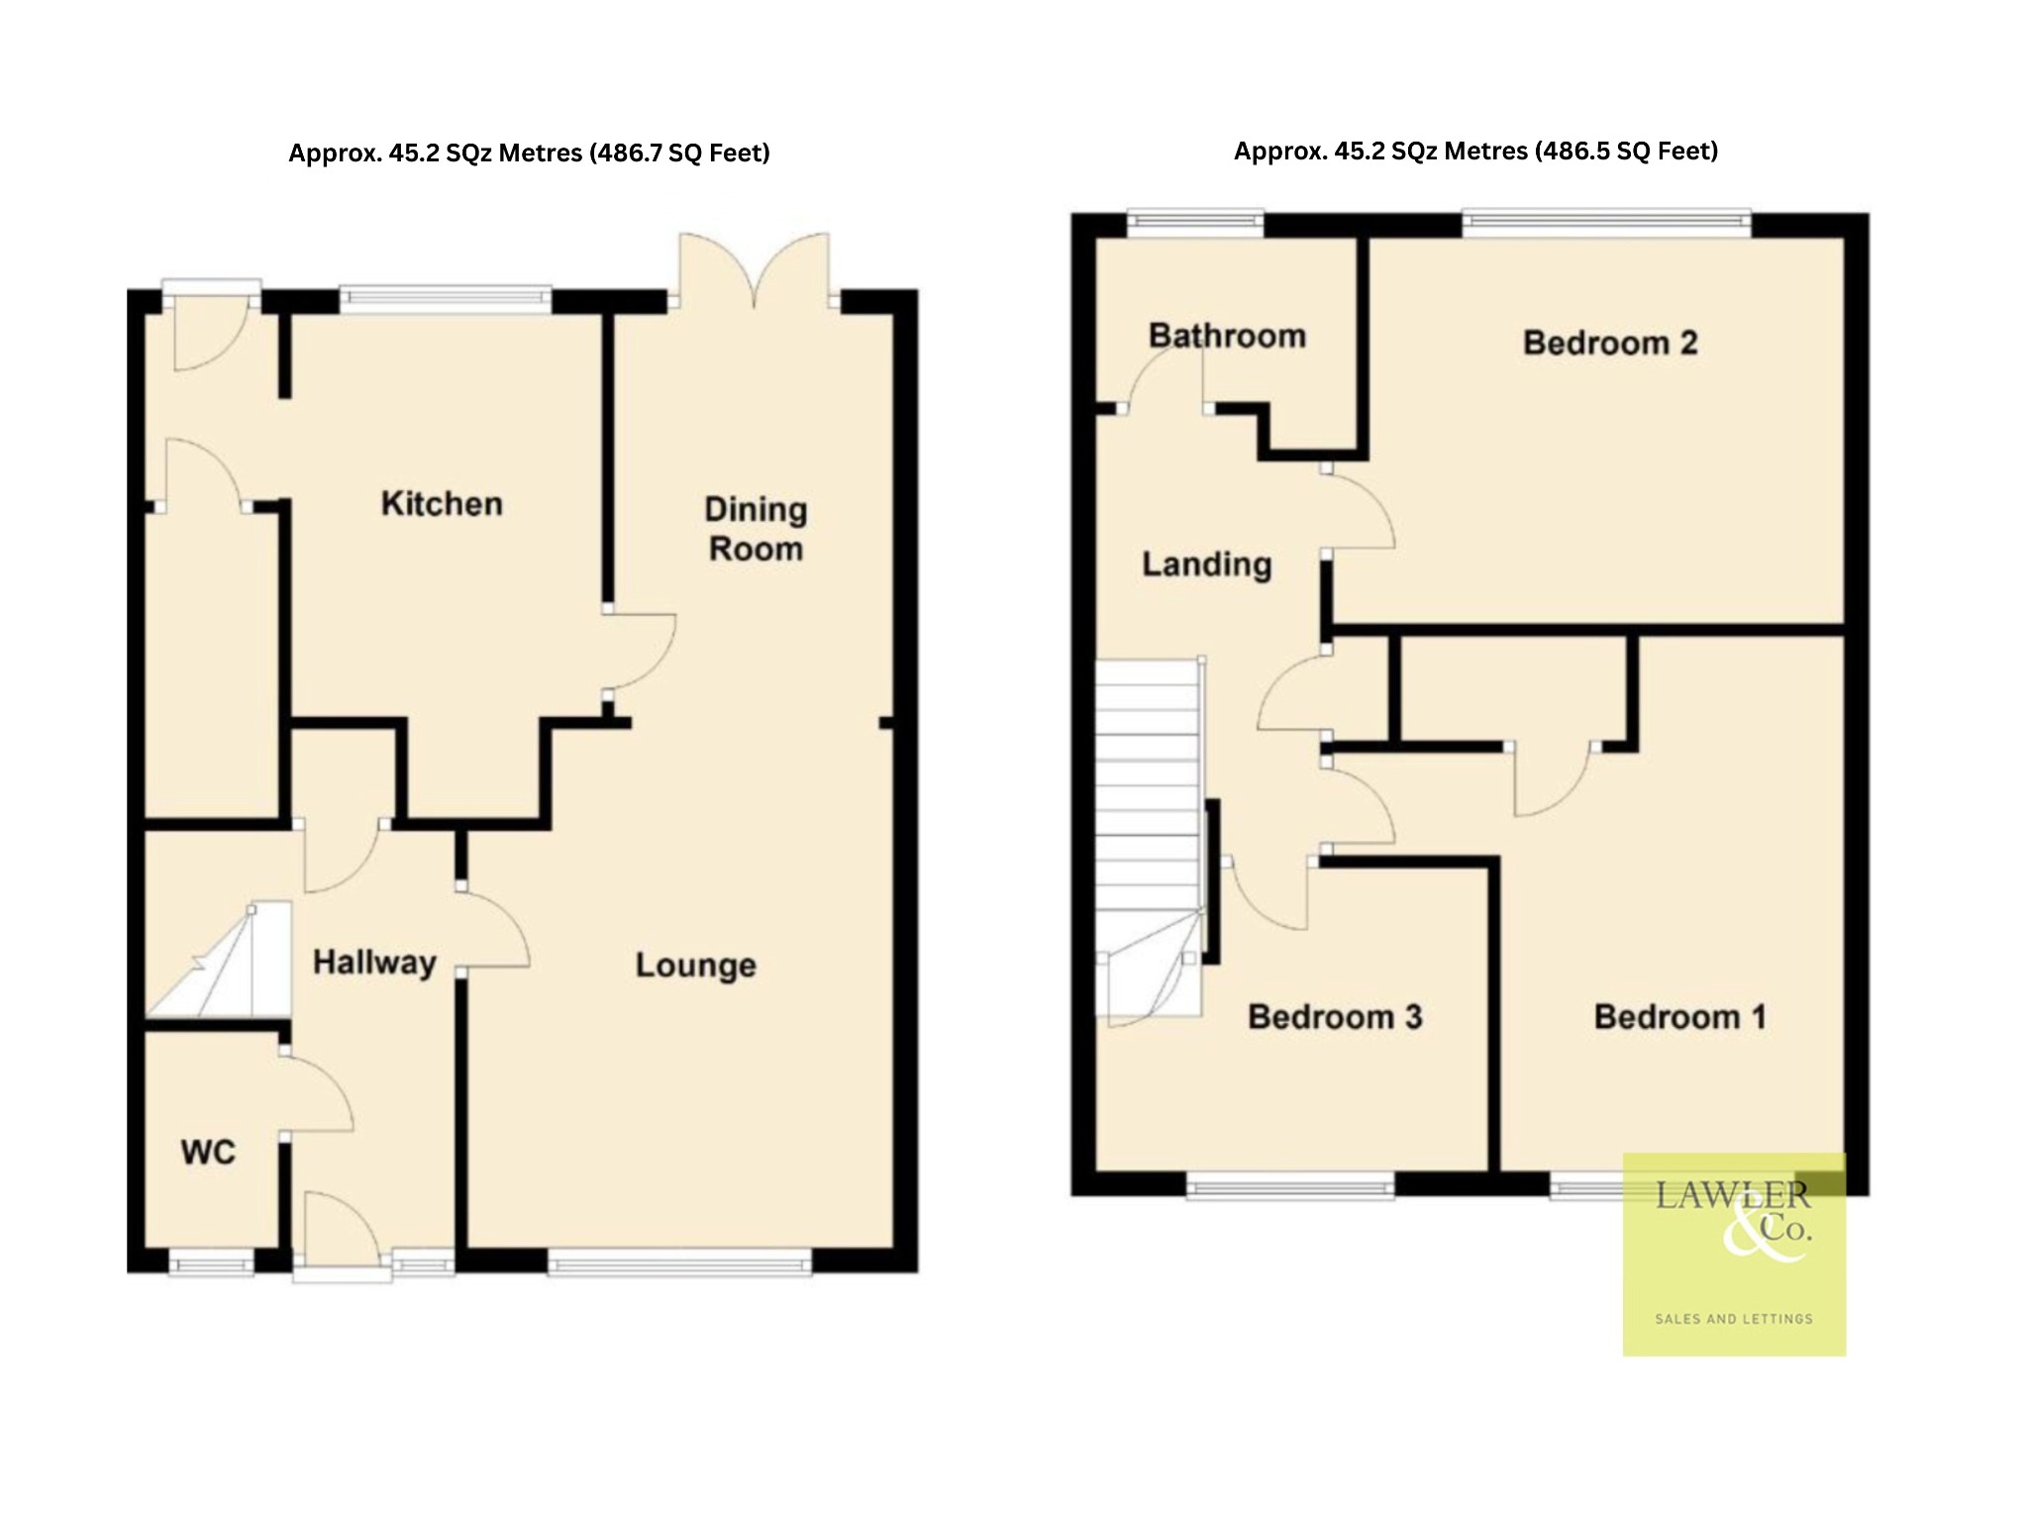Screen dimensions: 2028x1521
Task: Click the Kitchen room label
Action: click(442, 504)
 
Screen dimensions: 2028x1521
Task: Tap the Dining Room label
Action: click(756, 529)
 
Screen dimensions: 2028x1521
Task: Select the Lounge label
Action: click(695, 965)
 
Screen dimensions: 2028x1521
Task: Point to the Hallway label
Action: click(374, 963)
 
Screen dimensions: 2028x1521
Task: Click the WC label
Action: click(208, 1153)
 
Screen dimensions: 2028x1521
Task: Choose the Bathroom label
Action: click(1227, 336)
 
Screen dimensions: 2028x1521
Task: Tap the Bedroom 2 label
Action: click(1610, 343)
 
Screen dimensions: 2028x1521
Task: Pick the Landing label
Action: click(1206, 564)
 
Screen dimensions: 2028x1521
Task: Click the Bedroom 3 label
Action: click(1335, 1017)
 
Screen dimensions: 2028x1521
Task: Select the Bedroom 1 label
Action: click(1680, 1017)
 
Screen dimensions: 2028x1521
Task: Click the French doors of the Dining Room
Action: click(754, 270)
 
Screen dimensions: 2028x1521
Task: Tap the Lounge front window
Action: click(679, 1262)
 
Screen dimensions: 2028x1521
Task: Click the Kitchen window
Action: click(446, 299)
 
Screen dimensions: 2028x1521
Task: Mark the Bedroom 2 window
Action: click(1606, 223)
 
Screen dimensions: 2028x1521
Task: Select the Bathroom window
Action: click(1196, 223)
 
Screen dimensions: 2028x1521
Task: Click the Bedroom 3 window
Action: click(1290, 1184)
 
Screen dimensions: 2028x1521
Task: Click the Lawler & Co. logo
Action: click(1734, 1254)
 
